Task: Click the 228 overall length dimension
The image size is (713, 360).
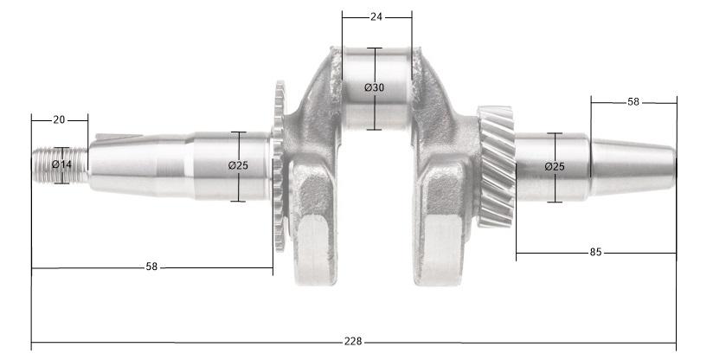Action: [x=354, y=341]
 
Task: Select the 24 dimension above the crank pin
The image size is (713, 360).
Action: [x=376, y=16]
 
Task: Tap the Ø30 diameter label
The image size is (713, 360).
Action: [x=374, y=88]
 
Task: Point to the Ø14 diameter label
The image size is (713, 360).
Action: [x=61, y=164]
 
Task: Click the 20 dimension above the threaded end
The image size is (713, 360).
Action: [x=59, y=119]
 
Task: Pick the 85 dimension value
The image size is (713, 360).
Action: [x=595, y=253]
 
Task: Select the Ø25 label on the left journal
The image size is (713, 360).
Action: [x=238, y=165]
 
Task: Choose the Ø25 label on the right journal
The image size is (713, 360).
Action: [x=555, y=166]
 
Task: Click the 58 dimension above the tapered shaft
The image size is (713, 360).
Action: [x=633, y=102]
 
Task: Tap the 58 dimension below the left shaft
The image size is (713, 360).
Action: [x=151, y=267]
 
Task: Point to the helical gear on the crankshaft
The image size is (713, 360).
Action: [x=495, y=164]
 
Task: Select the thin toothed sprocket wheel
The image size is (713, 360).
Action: [x=279, y=164]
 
